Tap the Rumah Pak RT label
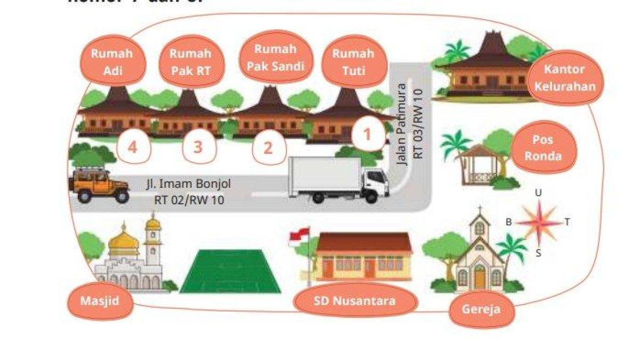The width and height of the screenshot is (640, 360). (190, 61)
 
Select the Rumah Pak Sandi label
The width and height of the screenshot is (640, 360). (275, 57)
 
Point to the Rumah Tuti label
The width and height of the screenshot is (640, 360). (353, 61)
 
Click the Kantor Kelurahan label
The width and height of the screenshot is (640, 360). (564, 77)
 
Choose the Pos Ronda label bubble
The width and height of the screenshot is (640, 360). (542, 148)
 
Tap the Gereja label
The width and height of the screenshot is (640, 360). (482, 309)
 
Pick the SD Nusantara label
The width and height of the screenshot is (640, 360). (355, 301)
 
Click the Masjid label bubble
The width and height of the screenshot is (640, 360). (100, 300)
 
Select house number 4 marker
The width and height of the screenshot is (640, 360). (132, 147)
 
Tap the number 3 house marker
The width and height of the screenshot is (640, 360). (198, 147)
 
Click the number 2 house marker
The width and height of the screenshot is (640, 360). (268, 148)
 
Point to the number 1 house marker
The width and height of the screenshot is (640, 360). (367, 135)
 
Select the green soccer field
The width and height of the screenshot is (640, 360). (230, 271)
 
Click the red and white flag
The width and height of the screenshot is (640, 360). (299, 236)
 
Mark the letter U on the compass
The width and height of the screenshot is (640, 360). (539, 193)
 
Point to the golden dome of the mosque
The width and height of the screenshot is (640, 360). (123, 243)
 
